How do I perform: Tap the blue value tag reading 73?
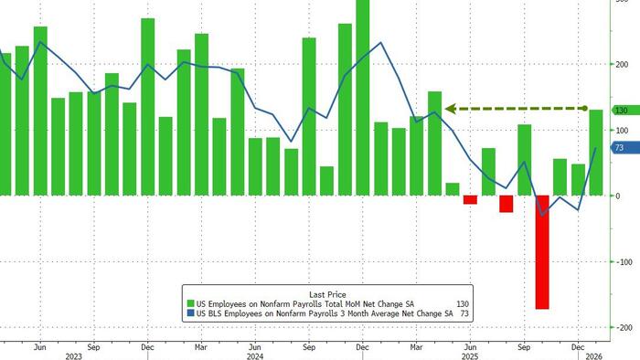[x=619, y=148]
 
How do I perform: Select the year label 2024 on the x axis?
[x=255, y=357]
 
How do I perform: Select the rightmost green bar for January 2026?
[x=596, y=153]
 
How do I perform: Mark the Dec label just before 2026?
[x=578, y=347]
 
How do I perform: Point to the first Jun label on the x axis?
[x=39, y=347]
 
